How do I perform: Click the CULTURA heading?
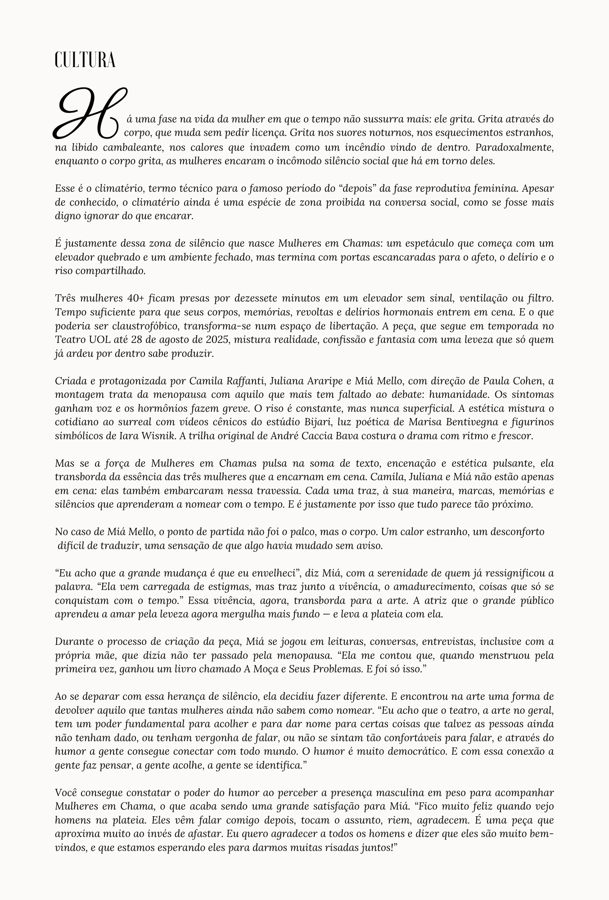coord(85,60)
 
